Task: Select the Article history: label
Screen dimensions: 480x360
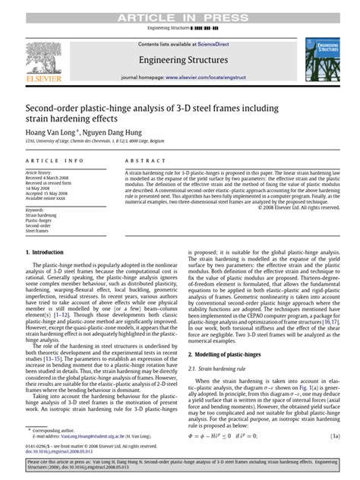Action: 43,173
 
